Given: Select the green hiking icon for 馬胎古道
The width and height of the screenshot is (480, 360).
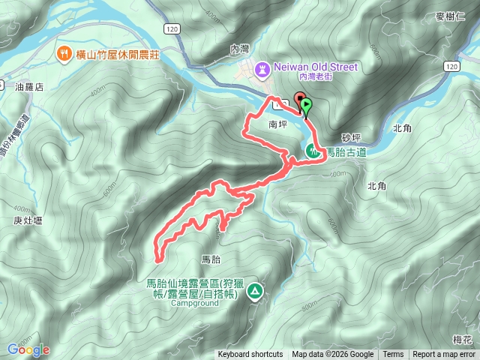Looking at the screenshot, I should tap(312, 151).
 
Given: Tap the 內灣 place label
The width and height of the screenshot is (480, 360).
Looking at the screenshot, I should tap(239, 49).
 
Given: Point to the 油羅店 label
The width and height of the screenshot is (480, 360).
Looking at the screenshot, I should tap(30, 87).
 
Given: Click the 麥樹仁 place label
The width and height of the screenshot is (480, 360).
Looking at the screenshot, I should tap(450, 16).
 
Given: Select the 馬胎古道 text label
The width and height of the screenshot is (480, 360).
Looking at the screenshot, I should tap(346, 151).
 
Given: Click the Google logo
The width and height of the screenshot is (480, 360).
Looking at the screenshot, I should tap(28, 349).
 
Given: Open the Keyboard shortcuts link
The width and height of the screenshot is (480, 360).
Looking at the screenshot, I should tap(250, 355).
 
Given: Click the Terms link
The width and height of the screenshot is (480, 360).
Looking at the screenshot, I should tap(393, 355).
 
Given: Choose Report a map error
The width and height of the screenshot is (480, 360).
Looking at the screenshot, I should tap(445, 355).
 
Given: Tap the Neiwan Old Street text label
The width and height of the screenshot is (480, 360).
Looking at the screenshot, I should tap(315, 67).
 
